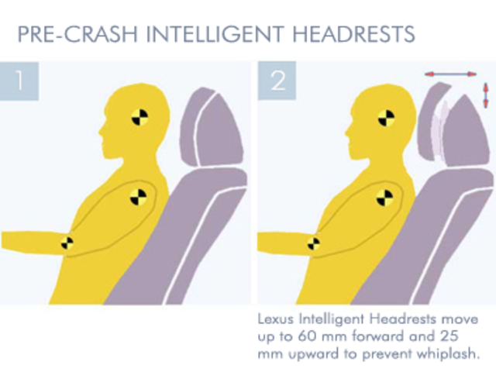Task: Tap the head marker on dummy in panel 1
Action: click(x=139, y=118)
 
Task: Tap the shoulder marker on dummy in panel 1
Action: click(x=137, y=197)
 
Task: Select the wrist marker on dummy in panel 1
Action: click(x=67, y=243)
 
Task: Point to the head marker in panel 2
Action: click(x=385, y=118)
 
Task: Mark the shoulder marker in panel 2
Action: click(x=383, y=197)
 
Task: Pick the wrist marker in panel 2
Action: click(x=313, y=243)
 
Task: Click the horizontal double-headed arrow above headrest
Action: click(x=450, y=74)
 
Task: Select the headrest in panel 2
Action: click(x=449, y=124)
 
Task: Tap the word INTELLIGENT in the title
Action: click(x=211, y=35)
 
